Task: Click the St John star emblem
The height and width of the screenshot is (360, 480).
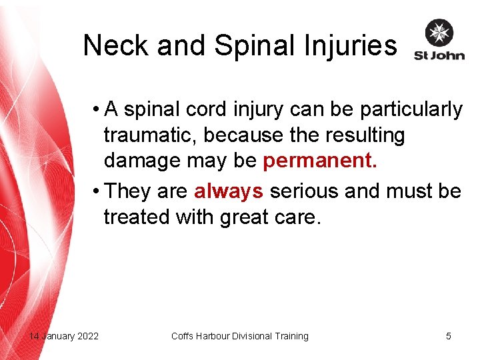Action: point(439,33)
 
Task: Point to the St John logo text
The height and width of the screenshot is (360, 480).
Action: point(439,55)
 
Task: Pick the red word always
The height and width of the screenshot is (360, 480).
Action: point(229,191)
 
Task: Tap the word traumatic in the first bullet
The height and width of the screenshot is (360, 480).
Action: point(151,135)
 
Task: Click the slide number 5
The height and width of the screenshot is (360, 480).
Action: point(449,336)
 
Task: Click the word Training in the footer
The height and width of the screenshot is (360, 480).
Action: point(291,336)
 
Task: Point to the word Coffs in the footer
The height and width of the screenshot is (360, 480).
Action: point(183,336)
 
